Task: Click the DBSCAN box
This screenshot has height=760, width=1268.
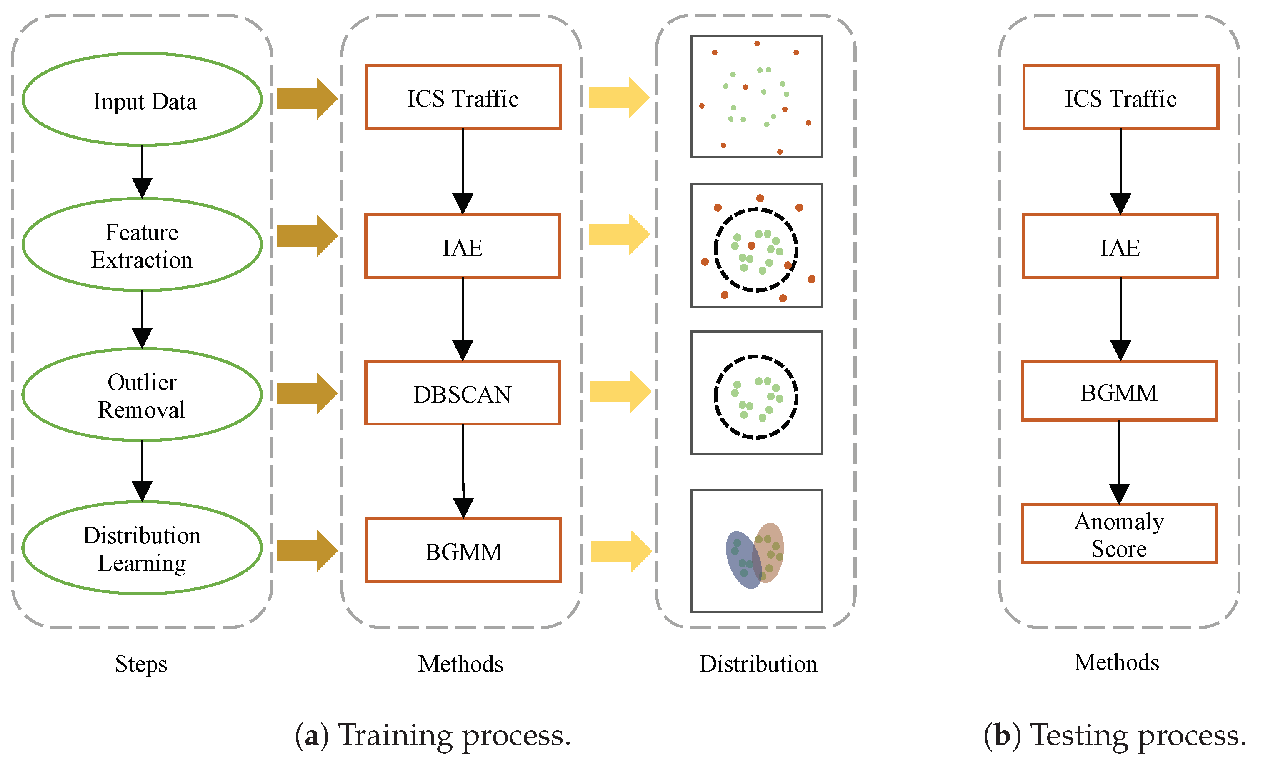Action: tap(463, 393)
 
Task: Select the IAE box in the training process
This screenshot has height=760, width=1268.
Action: tap(463, 246)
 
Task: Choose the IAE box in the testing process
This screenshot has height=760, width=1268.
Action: tap(1120, 246)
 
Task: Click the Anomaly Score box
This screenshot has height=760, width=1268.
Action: tap(1119, 534)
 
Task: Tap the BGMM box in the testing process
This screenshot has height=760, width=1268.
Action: tap(1119, 392)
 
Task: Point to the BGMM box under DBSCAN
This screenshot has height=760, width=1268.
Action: tap(463, 550)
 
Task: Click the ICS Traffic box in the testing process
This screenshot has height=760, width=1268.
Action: tap(1120, 97)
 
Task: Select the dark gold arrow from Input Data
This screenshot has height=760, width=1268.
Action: tap(306, 99)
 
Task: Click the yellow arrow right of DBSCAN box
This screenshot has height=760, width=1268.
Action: tap(620, 392)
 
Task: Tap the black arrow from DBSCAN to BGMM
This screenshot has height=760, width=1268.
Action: tap(463, 471)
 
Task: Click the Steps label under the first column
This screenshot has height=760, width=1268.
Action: tap(141, 664)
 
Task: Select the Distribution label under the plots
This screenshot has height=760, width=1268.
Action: tap(758, 664)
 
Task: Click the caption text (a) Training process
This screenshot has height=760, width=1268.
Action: tap(433, 735)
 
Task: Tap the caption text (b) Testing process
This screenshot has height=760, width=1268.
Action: tap(1115, 735)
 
